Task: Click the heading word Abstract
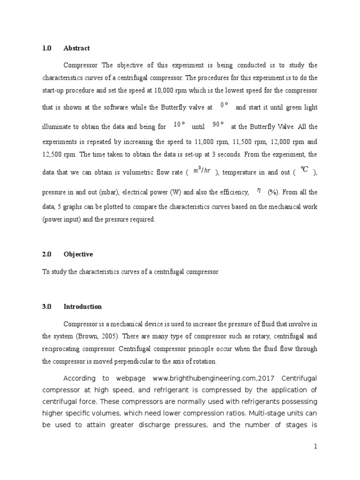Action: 76,48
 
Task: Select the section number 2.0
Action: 46,254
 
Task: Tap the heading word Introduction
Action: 82,307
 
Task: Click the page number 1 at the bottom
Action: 316,447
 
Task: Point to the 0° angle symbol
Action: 224,105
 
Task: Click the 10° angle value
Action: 179,124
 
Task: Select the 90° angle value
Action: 218,124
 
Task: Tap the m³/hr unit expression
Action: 202,170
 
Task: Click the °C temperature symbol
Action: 305,170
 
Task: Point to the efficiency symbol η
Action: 259,190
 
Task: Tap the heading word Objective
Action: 78,254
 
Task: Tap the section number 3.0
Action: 46,307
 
